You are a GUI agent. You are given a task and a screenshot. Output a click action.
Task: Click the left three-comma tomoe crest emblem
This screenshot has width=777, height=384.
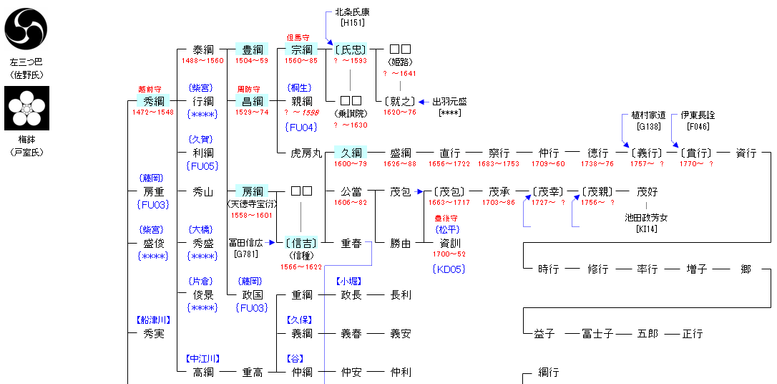coord(26,29)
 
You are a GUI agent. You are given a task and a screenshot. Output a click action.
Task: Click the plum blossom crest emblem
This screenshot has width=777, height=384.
coord(26,108)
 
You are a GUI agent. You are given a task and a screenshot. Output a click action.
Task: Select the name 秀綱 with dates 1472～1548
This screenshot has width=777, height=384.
coord(153,101)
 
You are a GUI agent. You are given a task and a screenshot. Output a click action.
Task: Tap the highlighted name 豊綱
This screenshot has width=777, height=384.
coord(252,49)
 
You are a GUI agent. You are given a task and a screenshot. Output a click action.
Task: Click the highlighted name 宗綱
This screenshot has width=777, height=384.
coord(302,49)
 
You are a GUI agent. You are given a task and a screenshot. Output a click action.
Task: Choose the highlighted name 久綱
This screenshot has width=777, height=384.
coord(351,153)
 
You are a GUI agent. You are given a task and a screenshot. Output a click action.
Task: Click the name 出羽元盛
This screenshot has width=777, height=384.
coord(449,101)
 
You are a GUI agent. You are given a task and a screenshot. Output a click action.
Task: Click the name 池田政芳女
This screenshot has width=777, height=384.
coord(646,218)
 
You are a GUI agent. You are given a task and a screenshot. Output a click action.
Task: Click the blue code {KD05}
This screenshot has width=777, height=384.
coord(449,269)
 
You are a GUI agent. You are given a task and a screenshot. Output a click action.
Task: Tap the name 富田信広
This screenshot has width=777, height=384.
coord(246,243)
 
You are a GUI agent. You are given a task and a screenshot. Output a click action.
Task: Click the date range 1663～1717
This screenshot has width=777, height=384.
coord(450,203)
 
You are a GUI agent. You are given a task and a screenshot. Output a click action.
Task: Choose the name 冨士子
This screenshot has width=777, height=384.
coord(596,334)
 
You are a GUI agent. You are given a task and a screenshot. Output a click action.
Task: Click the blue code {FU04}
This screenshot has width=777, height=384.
coord(301,127)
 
